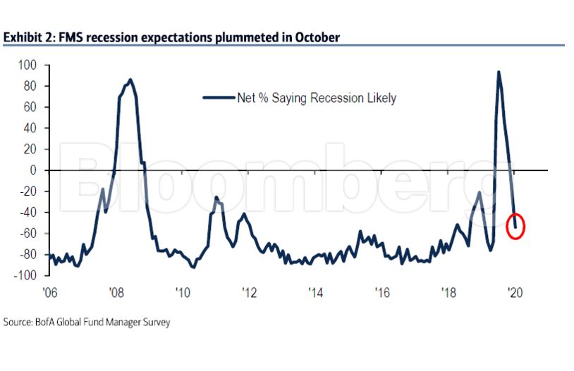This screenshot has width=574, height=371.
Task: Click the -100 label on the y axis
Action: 25,275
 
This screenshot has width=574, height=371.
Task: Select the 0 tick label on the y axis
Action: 32,170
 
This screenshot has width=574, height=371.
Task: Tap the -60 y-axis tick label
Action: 27,233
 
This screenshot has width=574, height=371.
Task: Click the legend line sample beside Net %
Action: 219,98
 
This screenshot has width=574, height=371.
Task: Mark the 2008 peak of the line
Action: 130,80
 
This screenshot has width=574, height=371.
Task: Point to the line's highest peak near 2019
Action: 499,72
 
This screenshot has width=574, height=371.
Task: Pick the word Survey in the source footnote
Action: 154,322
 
